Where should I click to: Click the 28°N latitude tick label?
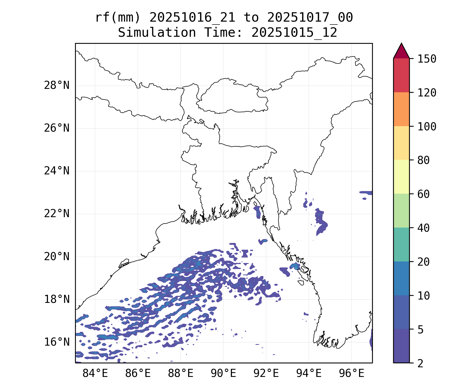pos(57,85)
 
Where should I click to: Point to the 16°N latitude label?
pos(57,342)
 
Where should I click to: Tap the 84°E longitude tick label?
pos(95,374)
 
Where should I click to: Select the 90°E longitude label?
pos(223,374)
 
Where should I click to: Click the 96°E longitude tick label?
pos(351,374)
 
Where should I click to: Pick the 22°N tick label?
pos(57,214)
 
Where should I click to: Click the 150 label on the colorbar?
pos(427,59)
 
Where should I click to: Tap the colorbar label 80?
pos(423,160)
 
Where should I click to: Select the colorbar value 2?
pos(420,364)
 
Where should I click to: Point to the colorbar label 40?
pos(423,228)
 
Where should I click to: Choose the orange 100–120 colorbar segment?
pos(401,109)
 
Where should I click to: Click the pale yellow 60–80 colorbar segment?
pos(401,177)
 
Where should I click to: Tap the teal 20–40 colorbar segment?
pos(401,245)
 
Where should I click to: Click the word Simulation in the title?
pos(157,33)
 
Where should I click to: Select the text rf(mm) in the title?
pos(118,18)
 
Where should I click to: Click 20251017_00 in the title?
pos(310,18)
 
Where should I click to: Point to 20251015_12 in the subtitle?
pos(294,33)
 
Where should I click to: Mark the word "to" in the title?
pos(251,18)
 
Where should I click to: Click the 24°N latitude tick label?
pos(57,171)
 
